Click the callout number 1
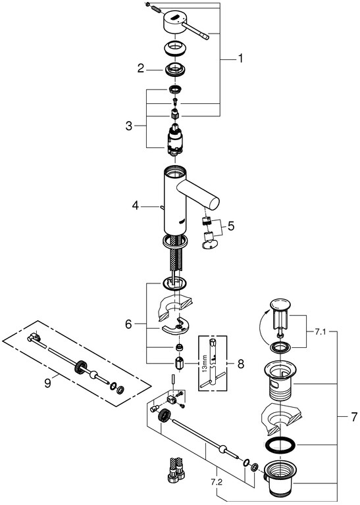[x=240, y=59]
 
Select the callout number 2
[x=141, y=68]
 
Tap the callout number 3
[x=129, y=126]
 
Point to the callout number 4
[x=136, y=205]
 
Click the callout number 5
[x=231, y=226]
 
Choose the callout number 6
[x=128, y=324]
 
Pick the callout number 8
[x=241, y=364]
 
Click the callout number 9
[x=47, y=383]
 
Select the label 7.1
[x=320, y=331]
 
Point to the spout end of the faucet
[x=214, y=204]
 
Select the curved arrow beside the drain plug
[x=261, y=326]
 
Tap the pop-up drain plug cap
[x=280, y=303]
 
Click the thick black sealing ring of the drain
[x=280, y=446]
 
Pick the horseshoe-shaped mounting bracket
[x=175, y=326]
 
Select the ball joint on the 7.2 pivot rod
[x=222, y=448]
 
